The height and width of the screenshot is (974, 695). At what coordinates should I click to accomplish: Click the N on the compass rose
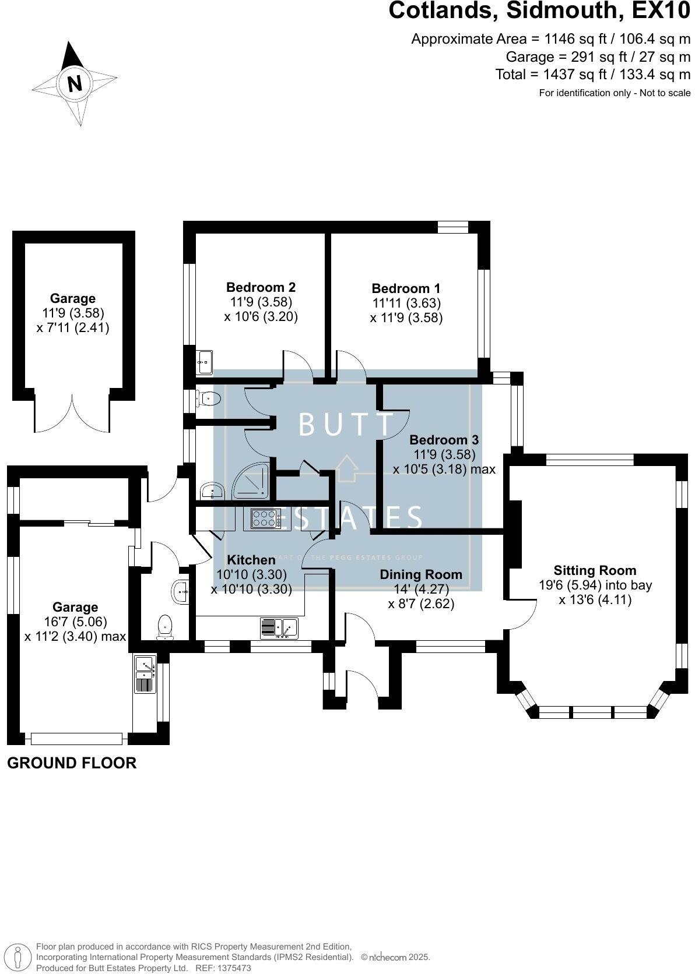pyautogui.click(x=75, y=83)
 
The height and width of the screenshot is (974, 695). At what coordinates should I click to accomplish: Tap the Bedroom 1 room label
pyautogui.click(x=406, y=288)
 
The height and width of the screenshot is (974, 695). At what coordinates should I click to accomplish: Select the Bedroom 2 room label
pyautogui.click(x=261, y=287)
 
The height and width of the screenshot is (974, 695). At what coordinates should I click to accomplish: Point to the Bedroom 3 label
pyautogui.click(x=444, y=440)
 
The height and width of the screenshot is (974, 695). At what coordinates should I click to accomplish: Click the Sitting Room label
pyautogui.click(x=595, y=570)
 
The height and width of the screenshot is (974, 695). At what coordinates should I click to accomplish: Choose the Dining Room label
pyautogui.click(x=420, y=574)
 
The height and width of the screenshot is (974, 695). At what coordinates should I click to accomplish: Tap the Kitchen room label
pyautogui.click(x=251, y=560)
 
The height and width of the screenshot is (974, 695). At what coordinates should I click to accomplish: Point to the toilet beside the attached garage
pyautogui.click(x=165, y=627)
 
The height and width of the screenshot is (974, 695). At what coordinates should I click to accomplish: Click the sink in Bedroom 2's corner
pyautogui.click(x=205, y=362)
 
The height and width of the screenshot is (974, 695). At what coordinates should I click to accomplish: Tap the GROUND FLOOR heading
pyautogui.click(x=72, y=763)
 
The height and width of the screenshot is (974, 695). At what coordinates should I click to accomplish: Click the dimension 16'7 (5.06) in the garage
pyautogui.click(x=75, y=622)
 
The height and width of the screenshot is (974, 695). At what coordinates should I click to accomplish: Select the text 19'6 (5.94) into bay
pyautogui.click(x=595, y=585)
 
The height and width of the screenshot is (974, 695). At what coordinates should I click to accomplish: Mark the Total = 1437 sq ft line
pyautogui.click(x=592, y=75)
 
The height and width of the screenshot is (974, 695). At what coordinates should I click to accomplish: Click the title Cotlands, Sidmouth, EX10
pyautogui.click(x=539, y=12)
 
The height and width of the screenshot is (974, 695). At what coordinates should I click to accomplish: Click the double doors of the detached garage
pyautogui.click(x=72, y=414)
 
